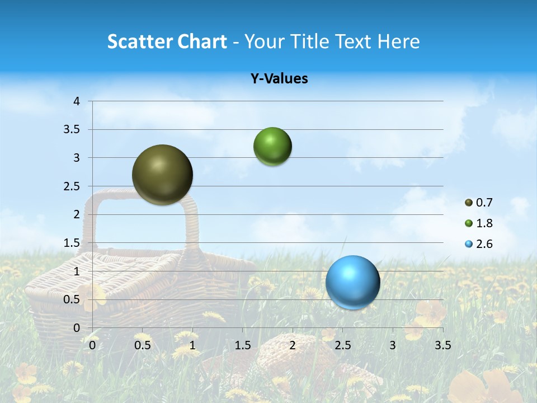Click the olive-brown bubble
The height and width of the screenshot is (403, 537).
[162, 175]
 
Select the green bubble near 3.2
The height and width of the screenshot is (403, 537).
[272, 146]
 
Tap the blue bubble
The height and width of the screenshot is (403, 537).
[352, 282]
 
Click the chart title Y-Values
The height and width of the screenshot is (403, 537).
[279, 79]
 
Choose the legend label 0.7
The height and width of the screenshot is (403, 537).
[484, 203]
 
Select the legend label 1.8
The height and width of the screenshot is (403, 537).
[484, 223]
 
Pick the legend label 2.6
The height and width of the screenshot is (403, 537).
[484, 244]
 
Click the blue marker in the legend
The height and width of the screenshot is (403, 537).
[469, 244]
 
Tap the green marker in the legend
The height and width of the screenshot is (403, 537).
[469, 223]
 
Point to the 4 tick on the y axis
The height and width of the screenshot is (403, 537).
[77, 101]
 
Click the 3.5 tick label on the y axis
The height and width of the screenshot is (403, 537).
[73, 129]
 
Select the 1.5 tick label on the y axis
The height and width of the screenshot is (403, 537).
[73, 243]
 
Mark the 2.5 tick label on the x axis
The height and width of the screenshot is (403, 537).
[342, 345]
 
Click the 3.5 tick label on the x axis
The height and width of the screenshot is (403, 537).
[442, 345]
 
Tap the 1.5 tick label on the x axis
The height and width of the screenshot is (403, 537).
[242, 345]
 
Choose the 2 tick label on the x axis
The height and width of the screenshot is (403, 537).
[293, 345]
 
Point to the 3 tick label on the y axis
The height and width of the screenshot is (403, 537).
[77, 158]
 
